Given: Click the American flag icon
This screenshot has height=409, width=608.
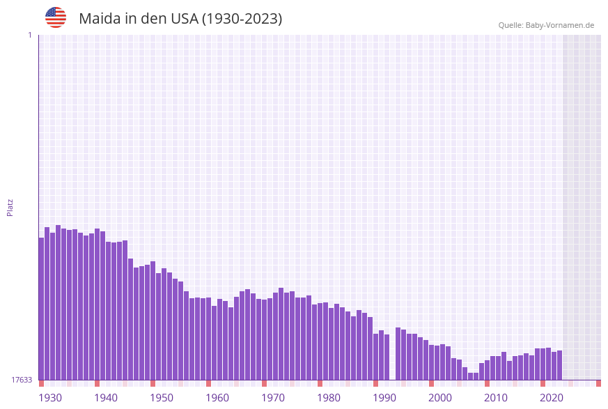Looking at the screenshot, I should click(x=56, y=17).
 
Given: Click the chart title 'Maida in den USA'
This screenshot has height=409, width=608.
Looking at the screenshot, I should click(x=180, y=19).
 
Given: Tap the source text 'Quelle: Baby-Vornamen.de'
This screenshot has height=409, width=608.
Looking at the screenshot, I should click(x=546, y=26).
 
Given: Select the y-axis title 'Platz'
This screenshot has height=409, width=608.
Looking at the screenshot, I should click(x=10, y=207).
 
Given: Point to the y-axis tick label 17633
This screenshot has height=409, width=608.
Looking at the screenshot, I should click(x=22, y=380).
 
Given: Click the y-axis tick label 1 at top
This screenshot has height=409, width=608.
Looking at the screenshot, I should click(x=29, y=35).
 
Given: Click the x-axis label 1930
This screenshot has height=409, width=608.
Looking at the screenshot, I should click(x=50, y=398).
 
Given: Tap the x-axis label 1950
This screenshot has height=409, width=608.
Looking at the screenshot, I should click(x=162, y=398).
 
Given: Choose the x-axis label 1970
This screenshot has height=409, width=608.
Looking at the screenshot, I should click(x=273, y=398).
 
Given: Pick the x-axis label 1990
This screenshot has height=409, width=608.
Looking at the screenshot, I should click(x=384, y=398).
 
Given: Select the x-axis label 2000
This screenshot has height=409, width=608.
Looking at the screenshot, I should click(x=440, y=398).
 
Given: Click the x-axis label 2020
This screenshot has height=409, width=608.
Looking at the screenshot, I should click(x=552, y=398).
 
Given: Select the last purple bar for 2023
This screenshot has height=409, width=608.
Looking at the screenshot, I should click(x=559, y=365).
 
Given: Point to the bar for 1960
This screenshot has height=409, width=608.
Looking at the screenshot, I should click(x=209, y=339).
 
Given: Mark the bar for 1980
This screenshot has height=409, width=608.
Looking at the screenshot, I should click(x=320, y=341).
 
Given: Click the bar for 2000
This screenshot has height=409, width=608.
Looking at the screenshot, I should click(x=432, y=362).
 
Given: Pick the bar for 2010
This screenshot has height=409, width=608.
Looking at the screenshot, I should click(x=488, y=370).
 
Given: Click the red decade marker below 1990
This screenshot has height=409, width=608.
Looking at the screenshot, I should click(x=376, y=383).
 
